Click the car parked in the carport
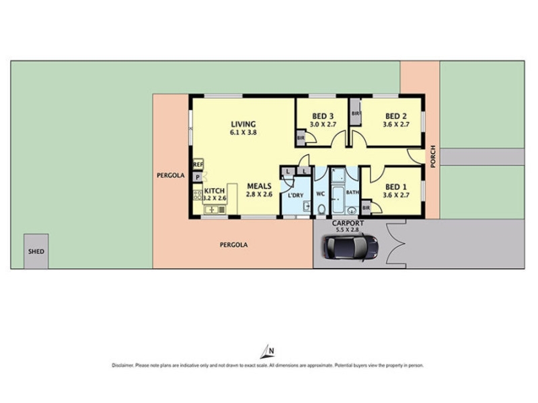351,247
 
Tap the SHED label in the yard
36,251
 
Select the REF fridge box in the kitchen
198,165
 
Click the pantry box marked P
197,177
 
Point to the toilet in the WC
321,209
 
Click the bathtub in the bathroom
338,199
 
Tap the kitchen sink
211,210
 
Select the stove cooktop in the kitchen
198,195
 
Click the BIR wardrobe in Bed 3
301,138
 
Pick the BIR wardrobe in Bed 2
355,113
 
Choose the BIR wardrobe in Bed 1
366,208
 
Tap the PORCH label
432,156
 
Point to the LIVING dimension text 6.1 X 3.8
243,132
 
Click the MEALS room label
260,186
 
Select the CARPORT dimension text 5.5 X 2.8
348,230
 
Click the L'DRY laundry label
295,195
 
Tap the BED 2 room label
396,116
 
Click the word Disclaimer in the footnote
122,365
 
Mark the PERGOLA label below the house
233,245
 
